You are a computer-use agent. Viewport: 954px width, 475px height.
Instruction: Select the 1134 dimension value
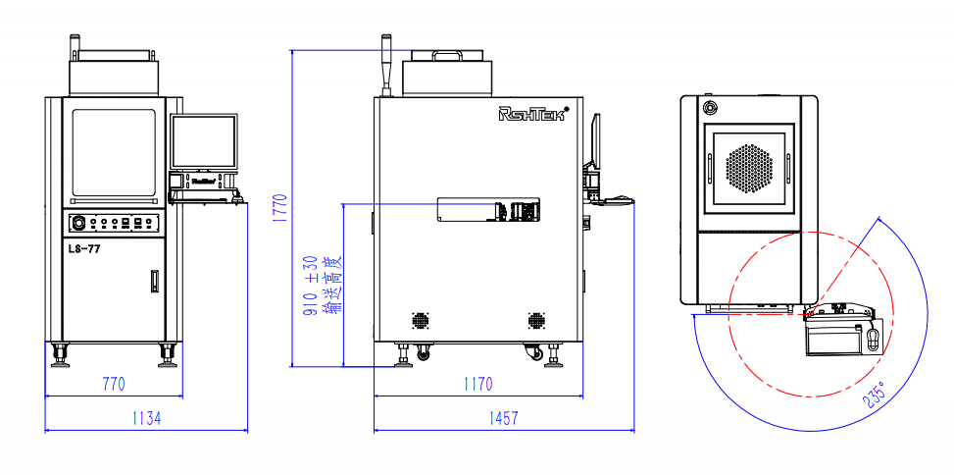click(x=146, y=418)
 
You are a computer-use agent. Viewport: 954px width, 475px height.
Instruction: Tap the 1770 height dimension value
click(x=280, y=209)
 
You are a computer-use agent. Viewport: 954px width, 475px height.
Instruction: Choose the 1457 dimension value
click(x=502, y=418)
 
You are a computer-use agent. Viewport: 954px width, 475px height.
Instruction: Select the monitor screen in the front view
click(x=204, y=141)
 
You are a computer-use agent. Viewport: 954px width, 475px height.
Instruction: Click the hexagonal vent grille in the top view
click(x=750, y=168)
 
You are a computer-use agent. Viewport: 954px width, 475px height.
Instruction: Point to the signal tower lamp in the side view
click(x=386, y=65)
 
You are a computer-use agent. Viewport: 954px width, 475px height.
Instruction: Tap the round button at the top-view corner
click(x=708, y=105)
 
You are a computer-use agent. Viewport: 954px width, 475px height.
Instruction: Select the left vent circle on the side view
click(x=421, y=321)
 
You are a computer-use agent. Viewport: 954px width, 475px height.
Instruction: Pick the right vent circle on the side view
click(x=536, y=321)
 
